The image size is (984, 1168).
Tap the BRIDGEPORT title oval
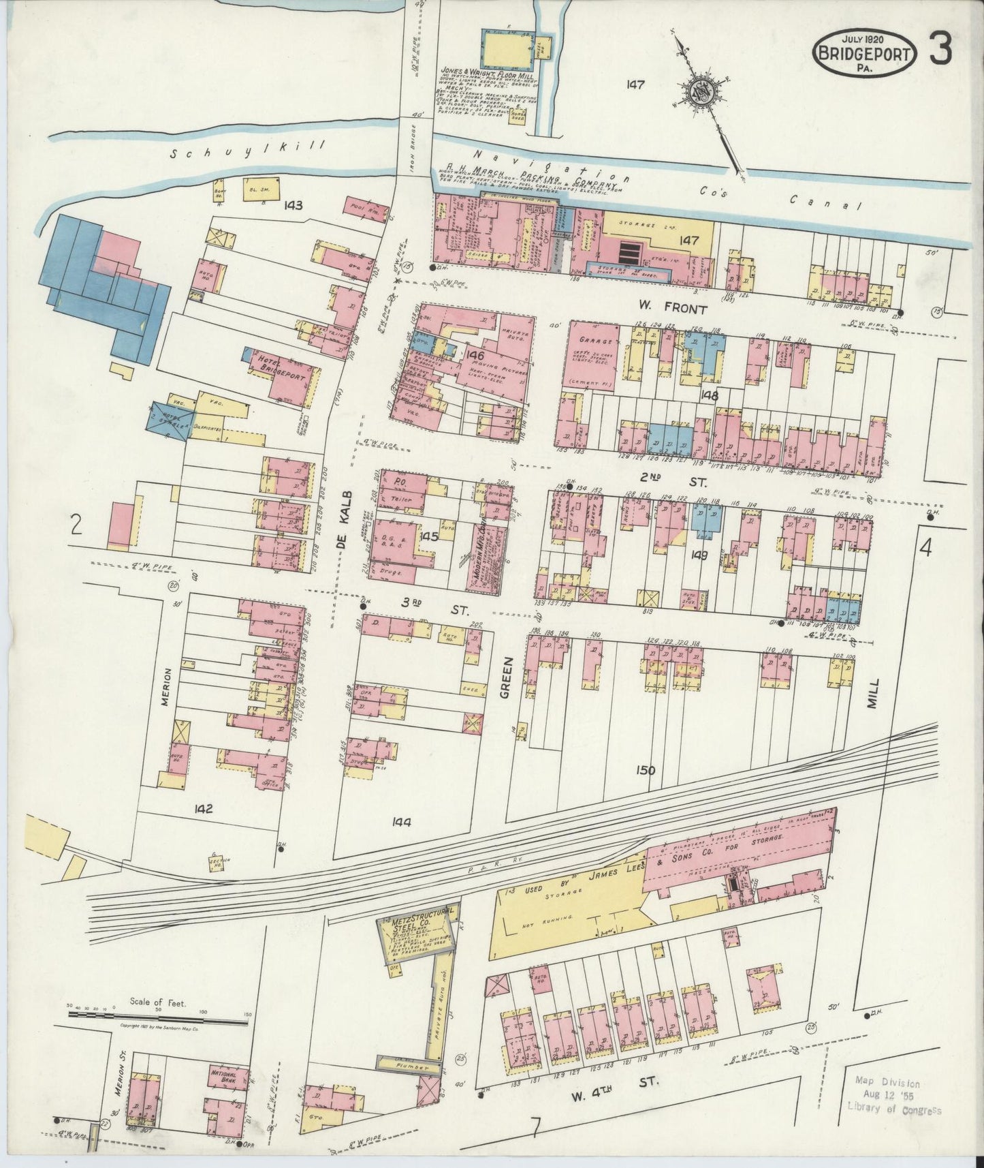[862, 50]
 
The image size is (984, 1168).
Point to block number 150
[646, 771]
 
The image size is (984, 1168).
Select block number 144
[403, 823]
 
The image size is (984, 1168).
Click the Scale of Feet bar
[157, 1015]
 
